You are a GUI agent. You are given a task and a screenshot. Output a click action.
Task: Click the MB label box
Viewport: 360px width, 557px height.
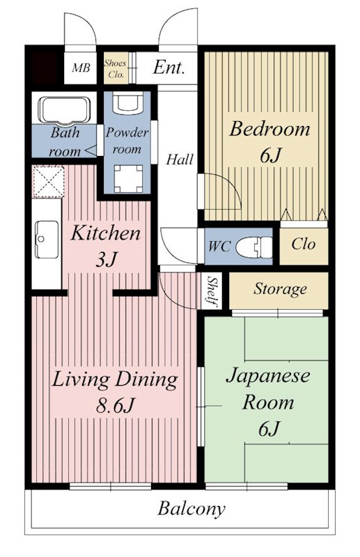(x=81, y=68)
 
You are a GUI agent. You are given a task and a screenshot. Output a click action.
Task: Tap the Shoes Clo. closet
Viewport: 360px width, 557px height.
(x=116, y=68)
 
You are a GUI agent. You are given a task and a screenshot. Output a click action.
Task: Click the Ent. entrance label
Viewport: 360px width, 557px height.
(x=169, y=68)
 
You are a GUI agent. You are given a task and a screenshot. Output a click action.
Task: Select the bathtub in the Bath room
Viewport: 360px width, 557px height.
(x=64, y=110)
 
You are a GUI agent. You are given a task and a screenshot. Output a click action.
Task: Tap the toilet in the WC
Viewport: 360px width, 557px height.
(x=252, y=246)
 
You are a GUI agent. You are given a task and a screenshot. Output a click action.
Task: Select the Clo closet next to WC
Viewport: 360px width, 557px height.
(x=303, y=245)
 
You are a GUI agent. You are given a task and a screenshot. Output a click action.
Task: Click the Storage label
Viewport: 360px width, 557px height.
(x=279, y=288)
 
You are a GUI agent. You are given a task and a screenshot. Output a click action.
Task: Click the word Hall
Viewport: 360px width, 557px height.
(x=180, y=159)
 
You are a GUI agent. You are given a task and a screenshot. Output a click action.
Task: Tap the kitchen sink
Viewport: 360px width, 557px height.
(x=47, y=238)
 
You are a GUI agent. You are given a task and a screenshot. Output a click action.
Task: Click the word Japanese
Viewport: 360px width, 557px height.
(x=267, y=377)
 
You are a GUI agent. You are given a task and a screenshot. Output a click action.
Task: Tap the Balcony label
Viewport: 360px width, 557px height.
(x=191, y=509)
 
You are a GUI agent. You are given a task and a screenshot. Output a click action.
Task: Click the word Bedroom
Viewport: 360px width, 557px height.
(x=269, y=130)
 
